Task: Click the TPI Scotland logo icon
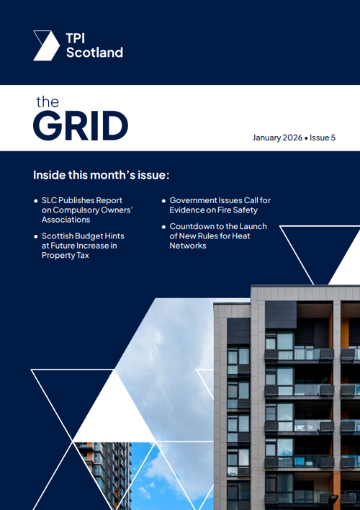coord(46,45)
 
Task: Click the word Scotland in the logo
coord(94,52)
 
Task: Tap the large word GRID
coord(81,126)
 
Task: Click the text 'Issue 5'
coord(323,137)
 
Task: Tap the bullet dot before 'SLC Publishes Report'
coord(36,200)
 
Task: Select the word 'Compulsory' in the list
coord(77,210)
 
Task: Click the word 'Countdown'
coord(193,226)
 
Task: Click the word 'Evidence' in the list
coord(188,210)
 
